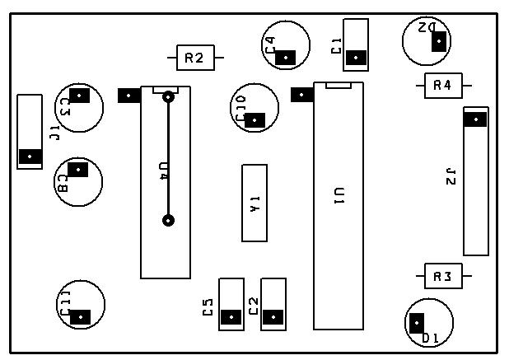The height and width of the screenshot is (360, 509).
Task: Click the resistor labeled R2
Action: tap(195, 58)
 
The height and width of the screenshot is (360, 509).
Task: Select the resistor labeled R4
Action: tap(443, 85)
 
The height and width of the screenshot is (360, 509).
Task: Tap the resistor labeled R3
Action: tap(443, 277)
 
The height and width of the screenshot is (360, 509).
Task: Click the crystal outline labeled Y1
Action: tap(254, 203)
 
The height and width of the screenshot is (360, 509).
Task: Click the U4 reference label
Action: tap(163, 171)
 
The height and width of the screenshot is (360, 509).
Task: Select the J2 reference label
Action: tap(450, 175)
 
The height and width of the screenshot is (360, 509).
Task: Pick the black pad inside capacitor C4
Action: tap(285, 57)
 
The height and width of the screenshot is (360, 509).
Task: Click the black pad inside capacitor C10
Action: tap(255, 119)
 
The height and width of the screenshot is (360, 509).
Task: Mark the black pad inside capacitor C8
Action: tap(77, 169)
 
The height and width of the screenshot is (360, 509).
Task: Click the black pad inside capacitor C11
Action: tap(80, 316)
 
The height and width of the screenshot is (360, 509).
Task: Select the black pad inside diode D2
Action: tap(439, 40)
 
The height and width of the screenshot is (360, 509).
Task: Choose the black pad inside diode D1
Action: tap(418, 324)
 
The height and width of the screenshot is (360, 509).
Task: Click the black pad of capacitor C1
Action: tap(356, 57)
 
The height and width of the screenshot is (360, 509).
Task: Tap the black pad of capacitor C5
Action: tap(231, 316)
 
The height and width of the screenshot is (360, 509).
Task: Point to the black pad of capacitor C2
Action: tap(273, 316)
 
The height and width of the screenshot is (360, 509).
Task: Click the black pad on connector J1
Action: tap(30, 156)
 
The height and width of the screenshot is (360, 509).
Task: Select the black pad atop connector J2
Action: tap(475, 119)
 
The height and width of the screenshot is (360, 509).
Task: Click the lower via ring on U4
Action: tap(168, 220)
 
